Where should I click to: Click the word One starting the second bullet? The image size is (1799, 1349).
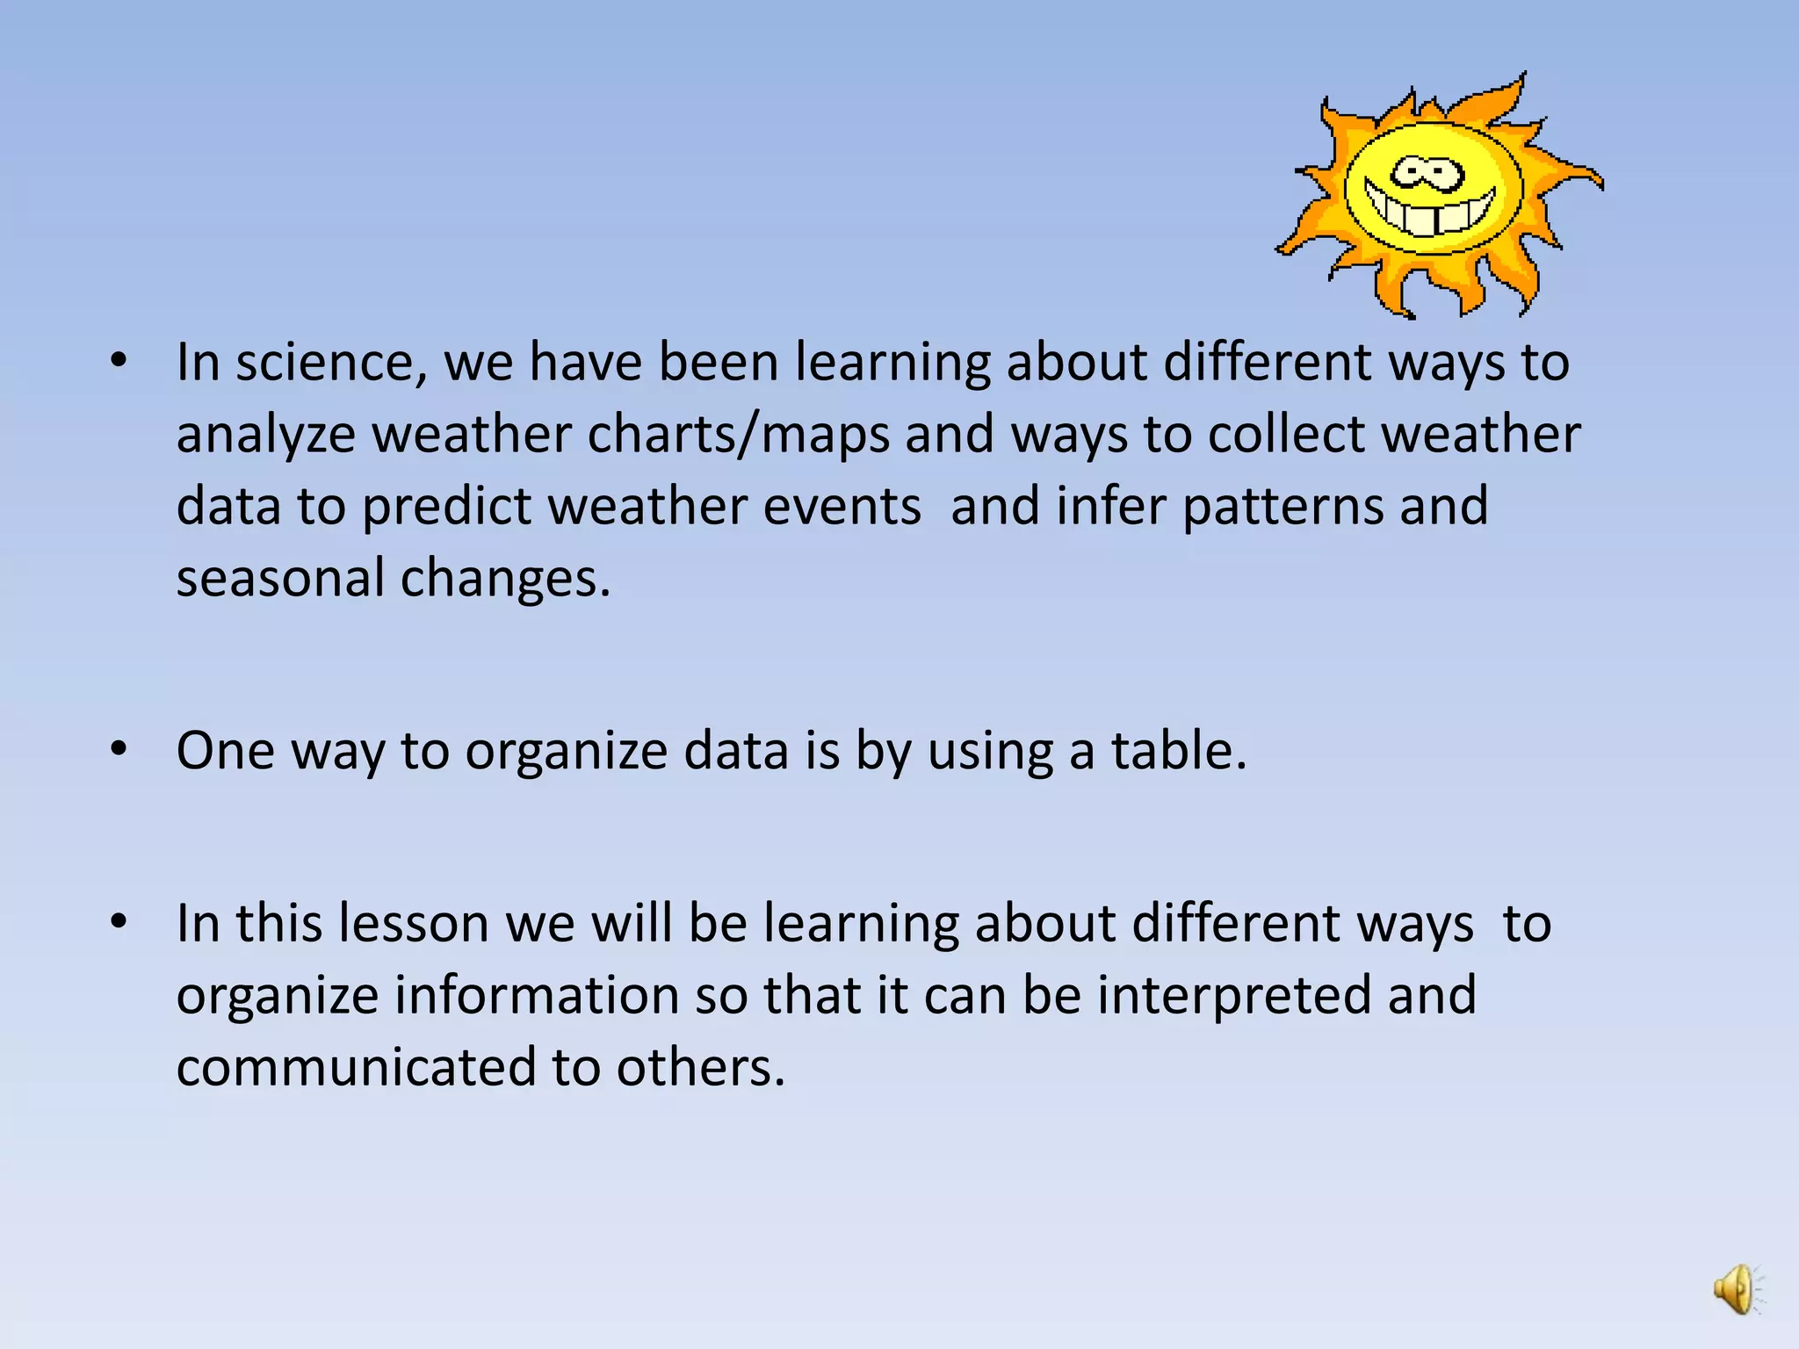226,751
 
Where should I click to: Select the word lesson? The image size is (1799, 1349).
414,923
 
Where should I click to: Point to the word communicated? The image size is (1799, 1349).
356,1067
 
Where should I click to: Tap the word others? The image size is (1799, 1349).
700,1067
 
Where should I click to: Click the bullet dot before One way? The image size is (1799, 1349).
119,749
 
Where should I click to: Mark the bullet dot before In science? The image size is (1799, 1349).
119,360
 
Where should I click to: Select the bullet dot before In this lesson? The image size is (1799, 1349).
119,921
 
